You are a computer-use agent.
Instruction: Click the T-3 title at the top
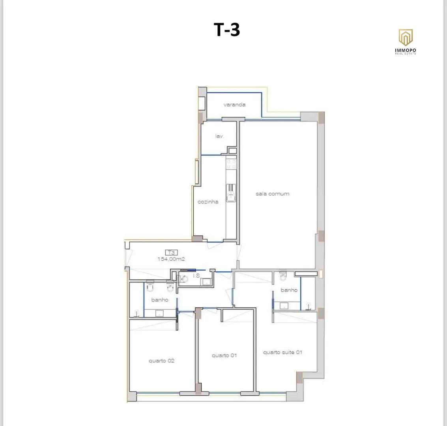click(x=226, y=30)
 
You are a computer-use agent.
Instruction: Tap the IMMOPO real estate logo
click(x=406, y=41)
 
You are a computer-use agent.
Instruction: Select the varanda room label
click(x=234, y=105)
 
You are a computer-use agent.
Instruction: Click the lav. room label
click(x=219, y=136)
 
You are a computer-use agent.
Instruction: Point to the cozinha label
click(x=208, y=202)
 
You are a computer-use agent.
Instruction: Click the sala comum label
click(x=272, y=194)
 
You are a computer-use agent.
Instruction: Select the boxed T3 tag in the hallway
click(x=171, y=252)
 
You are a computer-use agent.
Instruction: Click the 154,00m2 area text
click(x=171, y=259)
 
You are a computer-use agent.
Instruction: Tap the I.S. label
click(x=196, y=276)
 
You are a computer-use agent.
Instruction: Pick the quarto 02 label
click(x=161, y=361)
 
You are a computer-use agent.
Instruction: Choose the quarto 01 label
click(x=224, y=355)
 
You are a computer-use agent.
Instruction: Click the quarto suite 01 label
click(x=282, y=352)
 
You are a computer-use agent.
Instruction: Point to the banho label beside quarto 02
click(x=160, y=300)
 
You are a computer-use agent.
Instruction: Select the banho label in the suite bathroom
click(x=289, y=290)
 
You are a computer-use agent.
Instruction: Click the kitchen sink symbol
click(x=231, y=193)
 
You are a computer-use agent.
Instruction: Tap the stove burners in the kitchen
click(x=231, y=164)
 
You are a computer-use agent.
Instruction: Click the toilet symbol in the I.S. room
click(x=184, y=279)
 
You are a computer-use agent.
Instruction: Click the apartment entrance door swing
click(x=129, y=258)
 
